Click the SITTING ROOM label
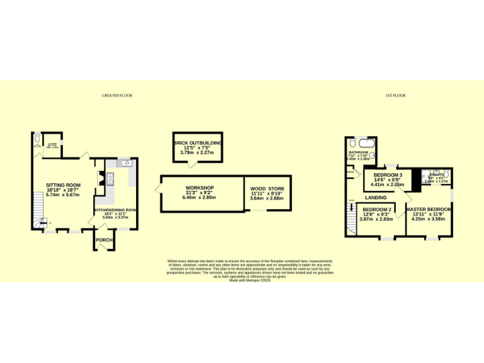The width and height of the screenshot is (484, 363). pyautogui.click(x=63, y=185)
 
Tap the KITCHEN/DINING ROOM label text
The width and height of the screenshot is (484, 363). pyautogui.click(x=115, y=209)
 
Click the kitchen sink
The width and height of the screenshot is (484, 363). pyautogui.click(x=125, y=163)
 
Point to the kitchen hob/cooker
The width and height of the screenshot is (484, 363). pyautogui.click(x=109, y=179)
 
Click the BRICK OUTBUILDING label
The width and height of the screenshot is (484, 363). pyautogui.click(x=198, y=143)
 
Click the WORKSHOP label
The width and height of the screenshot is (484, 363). pyautogui.click(x=200, y=188)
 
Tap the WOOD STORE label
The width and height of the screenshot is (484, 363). pyautogui.click(x=267, y=189)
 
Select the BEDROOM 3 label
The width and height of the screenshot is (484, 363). pyautogui.click(x=388, y=175)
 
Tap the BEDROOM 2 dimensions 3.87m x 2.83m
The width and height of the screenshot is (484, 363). pyautogui.click(x=376, y=219)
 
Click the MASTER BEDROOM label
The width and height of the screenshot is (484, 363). pyautogui.click(x=428, y=209)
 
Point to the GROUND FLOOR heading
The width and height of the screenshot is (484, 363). pyautogui.click(x=117, y=96)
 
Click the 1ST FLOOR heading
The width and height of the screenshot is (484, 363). pyautogui.click(x=395, y=96)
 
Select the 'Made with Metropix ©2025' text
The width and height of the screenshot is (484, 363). pyautogui.click(x=250, y=280)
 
